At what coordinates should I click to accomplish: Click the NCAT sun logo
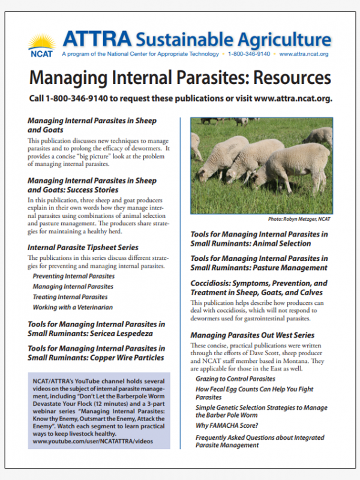(x=42, y=44)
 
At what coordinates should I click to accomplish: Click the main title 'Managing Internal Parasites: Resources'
(x=180, y=77)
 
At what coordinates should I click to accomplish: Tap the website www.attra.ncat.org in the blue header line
(x=304, y=54)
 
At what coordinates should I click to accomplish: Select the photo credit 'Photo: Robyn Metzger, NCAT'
(x=295, y=219)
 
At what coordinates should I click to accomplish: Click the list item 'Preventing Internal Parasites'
(x=73, y=277)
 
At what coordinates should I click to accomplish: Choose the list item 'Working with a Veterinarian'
(x=73, y=307)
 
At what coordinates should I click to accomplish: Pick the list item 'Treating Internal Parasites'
(x=70, y=297)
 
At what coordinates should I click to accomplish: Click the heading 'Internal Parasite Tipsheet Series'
(x=83, y=247)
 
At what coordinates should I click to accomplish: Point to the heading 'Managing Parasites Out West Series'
(x=252, y=335)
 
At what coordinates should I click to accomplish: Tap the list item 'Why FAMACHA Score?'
(x=227, y=426)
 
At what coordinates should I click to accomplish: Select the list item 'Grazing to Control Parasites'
(x=235, y=379)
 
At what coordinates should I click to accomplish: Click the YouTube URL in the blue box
(x=93, y=441)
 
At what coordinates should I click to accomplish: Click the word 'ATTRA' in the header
(x=97, y=40)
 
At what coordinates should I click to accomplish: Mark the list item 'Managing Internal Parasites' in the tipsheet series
(x=73, y=287)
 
